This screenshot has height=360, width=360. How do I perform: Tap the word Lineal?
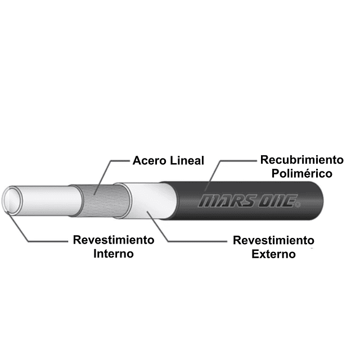(186, 160)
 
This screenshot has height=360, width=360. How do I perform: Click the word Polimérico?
(301, 173)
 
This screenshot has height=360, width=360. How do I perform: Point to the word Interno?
(114, 254)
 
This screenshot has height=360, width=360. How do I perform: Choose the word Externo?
(274, 254)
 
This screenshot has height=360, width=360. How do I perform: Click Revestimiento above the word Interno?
(114, 240)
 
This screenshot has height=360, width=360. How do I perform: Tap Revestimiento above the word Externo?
(274, 241)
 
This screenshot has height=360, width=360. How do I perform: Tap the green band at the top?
(180, 22)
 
